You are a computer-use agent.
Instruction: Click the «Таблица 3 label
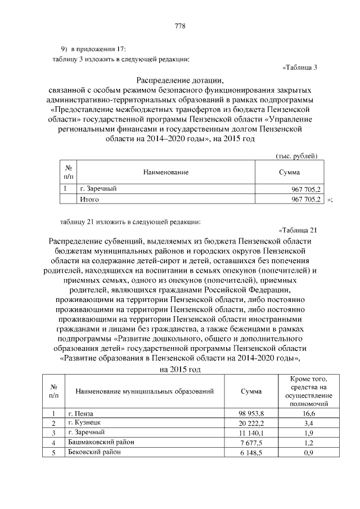tap(299, 68)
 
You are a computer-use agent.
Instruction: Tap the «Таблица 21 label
tap(298, 229)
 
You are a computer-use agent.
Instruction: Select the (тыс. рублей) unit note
tap(296, 155)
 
